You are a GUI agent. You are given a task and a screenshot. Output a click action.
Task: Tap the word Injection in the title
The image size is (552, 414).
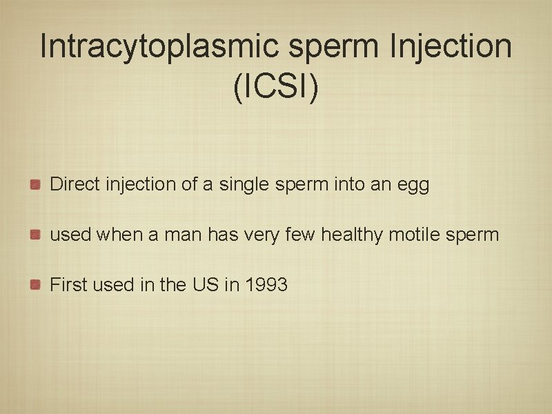pyautogui.click(x=451, y=46)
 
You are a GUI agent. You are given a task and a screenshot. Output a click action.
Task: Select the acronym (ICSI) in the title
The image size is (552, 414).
pyautogui.click(x=276, y=88)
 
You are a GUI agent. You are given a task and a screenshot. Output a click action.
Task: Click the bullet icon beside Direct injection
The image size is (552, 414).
pyautogui.click(x=36, y=185)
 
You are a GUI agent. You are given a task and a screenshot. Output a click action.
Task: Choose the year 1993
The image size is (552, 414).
pyautogui.click(x=266, y=284)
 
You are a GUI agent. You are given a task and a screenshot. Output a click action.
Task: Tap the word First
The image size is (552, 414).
pyautogui.click(x=67, y=284)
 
